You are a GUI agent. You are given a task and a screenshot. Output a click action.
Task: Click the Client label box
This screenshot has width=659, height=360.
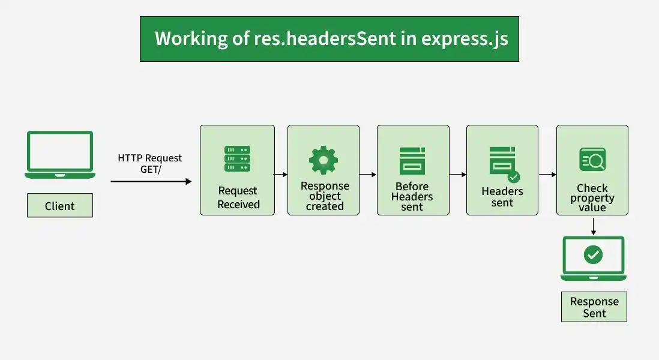(59, 205)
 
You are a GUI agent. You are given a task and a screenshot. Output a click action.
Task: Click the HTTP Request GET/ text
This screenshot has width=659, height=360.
(150, 163)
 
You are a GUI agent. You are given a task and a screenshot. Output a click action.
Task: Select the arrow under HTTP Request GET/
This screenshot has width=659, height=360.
(151, 181)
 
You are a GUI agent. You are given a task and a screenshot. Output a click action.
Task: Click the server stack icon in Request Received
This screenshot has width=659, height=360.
(238, 159)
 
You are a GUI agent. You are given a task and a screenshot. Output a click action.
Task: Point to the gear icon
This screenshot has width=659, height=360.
(323, 160)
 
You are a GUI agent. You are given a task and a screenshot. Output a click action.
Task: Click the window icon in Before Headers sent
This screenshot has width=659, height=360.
(412, 161)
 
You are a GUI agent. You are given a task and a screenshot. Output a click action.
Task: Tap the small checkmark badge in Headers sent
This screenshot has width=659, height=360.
(514, 177)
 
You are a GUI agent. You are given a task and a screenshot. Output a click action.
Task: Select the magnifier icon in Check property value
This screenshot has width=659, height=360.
(592, 160)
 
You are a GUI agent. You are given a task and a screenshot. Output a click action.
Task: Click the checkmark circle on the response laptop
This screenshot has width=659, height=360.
(593, 254)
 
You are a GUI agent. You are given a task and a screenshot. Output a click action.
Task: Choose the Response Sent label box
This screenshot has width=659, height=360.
(594, 307)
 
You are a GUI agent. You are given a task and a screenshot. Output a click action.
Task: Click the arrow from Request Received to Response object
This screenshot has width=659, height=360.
(281, 175)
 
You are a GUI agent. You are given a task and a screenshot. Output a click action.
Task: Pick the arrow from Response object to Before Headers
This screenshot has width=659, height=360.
(368, 175)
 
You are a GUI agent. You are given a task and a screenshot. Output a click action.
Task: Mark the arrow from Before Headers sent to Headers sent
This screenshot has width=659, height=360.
(458, 175)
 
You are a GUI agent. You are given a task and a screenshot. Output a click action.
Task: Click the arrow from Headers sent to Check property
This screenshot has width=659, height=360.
(547, 175)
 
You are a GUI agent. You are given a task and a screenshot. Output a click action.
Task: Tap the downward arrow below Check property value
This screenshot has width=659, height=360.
(594, 226)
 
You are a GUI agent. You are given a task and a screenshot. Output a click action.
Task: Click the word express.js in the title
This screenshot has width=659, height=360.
(465, 38)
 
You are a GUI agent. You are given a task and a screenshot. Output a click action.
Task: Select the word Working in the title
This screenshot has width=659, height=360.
(191, 38)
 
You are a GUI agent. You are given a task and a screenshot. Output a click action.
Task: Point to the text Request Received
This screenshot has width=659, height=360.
(238, 197)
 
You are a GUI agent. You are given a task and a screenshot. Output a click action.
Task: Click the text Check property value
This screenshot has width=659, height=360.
(592, 197)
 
